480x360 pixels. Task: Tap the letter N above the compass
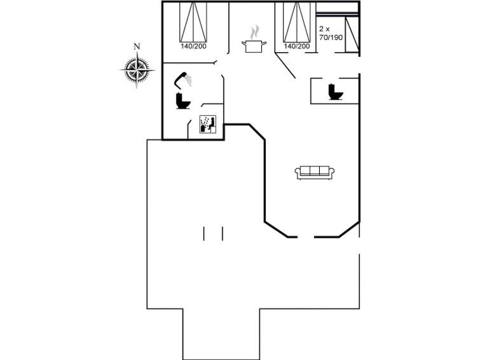[x=137, y=46]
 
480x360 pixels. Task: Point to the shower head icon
[x=184, y=78]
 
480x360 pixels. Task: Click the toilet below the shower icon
[x=183, y=101]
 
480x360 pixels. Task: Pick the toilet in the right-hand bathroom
[x=335, y=92]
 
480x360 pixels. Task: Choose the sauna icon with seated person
[x=209, y=123]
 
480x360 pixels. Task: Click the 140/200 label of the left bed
[x=193, y=46]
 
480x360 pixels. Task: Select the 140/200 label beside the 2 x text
[x=297, y=46]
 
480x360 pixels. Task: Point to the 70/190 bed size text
[x=331, y=38]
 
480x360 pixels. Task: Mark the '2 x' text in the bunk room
[x=325, y=29]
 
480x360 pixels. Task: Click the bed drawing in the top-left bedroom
[x=193, y=22]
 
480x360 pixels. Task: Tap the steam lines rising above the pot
[x=254, y=31]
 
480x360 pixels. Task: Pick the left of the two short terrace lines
[x=204, y=233]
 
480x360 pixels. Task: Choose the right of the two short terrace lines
[x=223, y=233]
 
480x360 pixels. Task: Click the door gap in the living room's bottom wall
[x=306, y=238]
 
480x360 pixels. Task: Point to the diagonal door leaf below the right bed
[x=285, y=66]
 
